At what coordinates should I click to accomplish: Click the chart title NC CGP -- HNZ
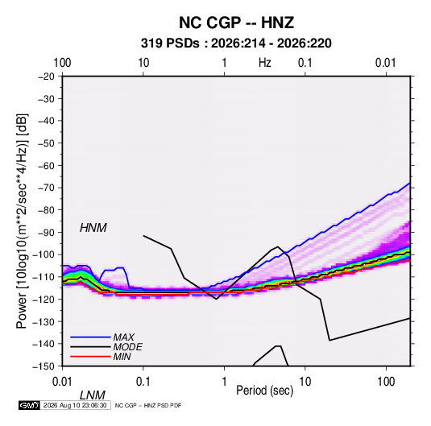click(236, 23)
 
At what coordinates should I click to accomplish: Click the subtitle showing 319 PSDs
click(236, 43)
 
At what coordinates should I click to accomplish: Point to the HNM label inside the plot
click(93, 228)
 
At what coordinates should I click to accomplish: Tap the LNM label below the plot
click(93, 395)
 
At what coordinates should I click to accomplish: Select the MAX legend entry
click(124, 337)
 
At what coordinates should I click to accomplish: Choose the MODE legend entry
click(128, 347)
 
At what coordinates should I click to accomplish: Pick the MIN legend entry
click(122, 357)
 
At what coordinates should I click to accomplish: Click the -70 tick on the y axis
click(46, 188)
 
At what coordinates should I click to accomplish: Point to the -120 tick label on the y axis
click(44, 299)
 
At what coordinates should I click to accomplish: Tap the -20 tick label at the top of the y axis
click(46, 77)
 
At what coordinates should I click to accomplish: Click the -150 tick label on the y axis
click(44, 366)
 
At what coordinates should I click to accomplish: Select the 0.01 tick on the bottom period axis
click(63, 382)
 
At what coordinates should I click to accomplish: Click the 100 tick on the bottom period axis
click(386, 382)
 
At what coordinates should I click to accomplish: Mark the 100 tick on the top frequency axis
click(62, 63)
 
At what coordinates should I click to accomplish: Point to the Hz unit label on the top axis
click(265, 63)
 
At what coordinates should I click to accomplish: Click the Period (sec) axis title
click(265, 391)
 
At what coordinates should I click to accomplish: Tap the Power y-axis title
click(22, 221)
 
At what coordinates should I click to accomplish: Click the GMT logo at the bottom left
click(30, 405)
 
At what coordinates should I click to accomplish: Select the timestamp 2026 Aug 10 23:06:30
click(75, 405)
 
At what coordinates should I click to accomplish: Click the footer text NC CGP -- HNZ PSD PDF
click(148, 405)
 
